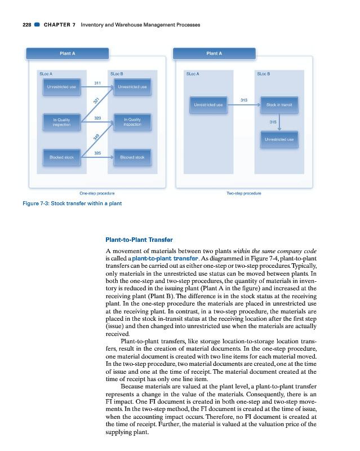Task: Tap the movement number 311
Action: click(97, 83)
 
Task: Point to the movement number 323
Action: click(97, 118)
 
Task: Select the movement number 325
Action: click(97, 153)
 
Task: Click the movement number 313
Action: click(244, 100)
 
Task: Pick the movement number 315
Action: click(273, 121)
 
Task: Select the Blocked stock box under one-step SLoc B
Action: click(132, 157)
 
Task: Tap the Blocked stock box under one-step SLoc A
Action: click(61, 157)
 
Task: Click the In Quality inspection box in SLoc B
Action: click(132, 122)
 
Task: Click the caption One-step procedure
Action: click(97, 193)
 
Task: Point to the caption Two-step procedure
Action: click(244, 193)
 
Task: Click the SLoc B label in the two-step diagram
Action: click(263, 74)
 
